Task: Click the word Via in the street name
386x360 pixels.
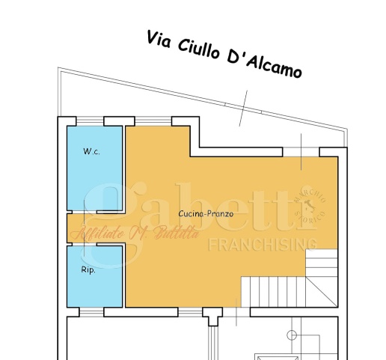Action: [x=159, y=37]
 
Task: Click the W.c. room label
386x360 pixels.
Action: [x=92, y=151]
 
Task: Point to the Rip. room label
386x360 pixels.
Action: [x=88, y=269]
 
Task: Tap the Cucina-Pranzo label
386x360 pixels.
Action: [x=206, y=213]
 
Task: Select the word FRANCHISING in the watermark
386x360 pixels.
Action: [x=263, y=244]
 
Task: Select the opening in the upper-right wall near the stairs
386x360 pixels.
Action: [x=301, y=152]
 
